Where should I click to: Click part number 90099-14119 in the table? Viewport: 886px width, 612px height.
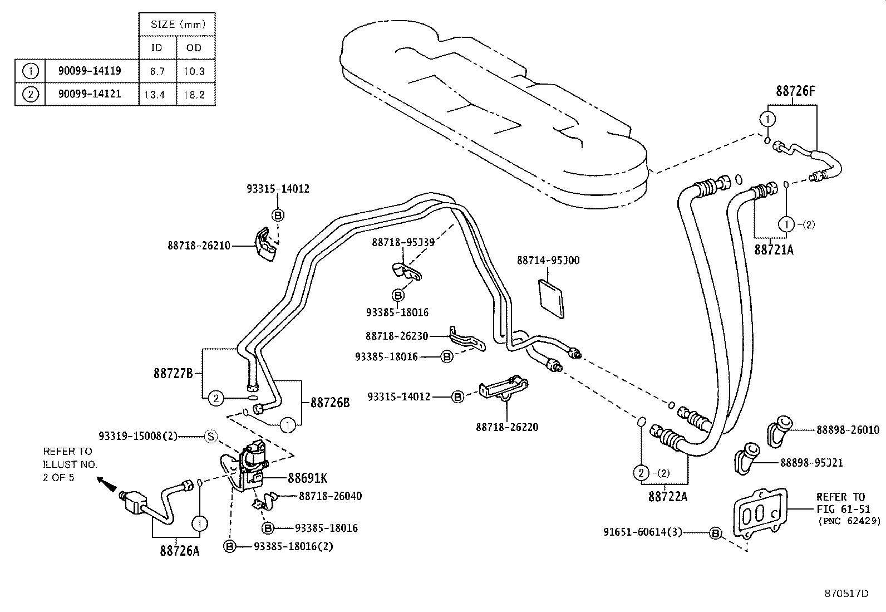point(90,71)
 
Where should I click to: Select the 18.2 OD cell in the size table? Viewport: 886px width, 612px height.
point(194,95)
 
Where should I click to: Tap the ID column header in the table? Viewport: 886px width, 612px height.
point(157,48)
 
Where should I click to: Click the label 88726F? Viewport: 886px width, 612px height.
point(795,91)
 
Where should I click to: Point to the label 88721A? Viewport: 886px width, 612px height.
point(774,250)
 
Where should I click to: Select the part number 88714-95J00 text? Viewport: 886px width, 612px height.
point(548,260)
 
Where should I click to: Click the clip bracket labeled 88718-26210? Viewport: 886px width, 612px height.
point(265,245)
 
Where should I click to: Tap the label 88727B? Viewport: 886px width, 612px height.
point(173,373)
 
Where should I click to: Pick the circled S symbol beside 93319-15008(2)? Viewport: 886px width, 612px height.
point(210,437)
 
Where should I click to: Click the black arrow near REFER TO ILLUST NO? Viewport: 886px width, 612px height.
point(106,482)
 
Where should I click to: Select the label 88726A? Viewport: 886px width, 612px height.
point(179,551)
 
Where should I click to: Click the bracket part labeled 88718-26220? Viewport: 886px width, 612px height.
point(504,387)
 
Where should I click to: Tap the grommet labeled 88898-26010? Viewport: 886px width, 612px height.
point(780,429)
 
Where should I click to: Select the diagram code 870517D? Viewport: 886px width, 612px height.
point(846,593)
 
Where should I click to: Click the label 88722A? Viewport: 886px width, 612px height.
point(667,496)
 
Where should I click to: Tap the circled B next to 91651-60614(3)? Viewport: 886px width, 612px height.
point(716,533)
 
